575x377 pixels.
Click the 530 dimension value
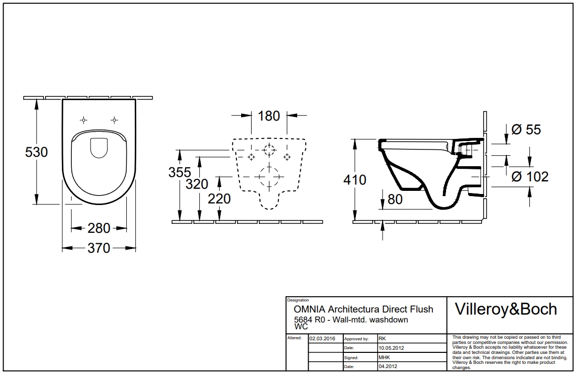coord(37,152)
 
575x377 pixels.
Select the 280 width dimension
coord(99,228)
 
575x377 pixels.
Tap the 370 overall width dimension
coord(99,248)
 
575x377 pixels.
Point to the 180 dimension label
coord(269,116)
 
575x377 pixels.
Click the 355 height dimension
coord(179,173)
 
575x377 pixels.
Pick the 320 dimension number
coord(197,184)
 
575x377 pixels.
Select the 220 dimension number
coord(219,199)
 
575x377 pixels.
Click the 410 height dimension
coord(355,180)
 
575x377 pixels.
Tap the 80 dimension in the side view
coord(395,199)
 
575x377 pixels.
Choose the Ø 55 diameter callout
coord(526,130)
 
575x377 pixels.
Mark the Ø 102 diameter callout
coord(529,177)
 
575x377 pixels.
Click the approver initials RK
coord(382,339)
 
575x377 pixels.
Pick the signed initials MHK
coord(383,357)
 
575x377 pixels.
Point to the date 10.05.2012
coord(390,348)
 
